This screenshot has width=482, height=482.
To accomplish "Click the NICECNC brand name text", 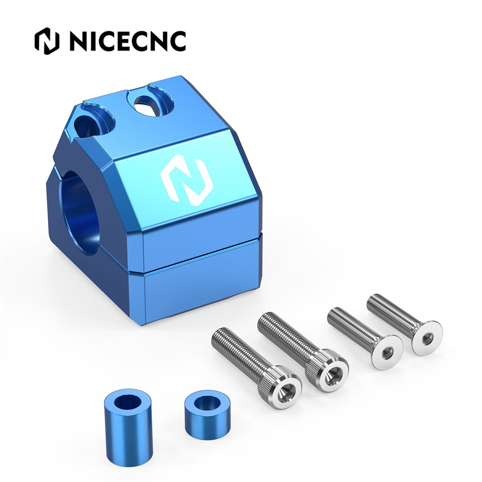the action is pyautogui.click(x=128, y=41).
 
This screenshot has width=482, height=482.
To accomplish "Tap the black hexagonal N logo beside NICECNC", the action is pyautogui.click(x=47, y=41).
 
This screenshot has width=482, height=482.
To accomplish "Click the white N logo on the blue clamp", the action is pyautogui.click(x=187, y=180).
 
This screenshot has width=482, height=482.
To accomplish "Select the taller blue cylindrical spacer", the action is pyautogui.click(x=128, y=418).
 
